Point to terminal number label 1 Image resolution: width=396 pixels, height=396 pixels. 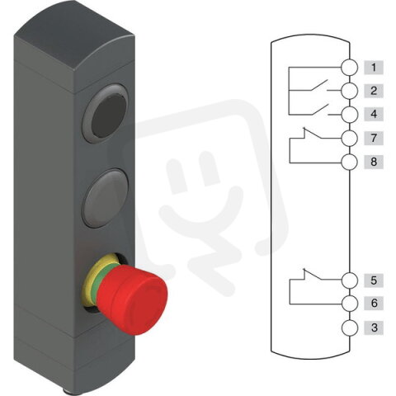(374, 67)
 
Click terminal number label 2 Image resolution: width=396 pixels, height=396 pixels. (374, 90)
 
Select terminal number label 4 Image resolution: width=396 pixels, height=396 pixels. (374, 113)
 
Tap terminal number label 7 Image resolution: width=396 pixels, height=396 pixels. (374, 137)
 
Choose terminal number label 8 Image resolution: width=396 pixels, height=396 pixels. (374, 161)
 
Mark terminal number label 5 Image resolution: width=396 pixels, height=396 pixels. (374, 280)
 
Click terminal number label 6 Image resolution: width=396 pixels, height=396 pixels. (374, 304)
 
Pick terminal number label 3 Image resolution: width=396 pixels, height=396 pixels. (374, 328)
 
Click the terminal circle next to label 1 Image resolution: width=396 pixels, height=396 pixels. (350, 67)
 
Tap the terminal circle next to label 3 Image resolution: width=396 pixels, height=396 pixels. (350, 328)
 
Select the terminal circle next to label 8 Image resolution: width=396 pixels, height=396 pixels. (350, 161)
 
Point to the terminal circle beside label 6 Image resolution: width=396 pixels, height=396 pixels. (350, 304)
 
